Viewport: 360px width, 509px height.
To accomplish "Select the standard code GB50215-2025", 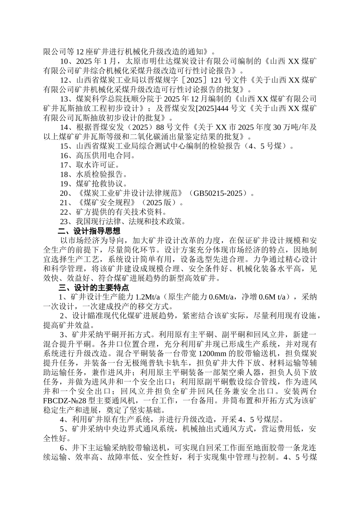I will (x=218, y=193).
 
